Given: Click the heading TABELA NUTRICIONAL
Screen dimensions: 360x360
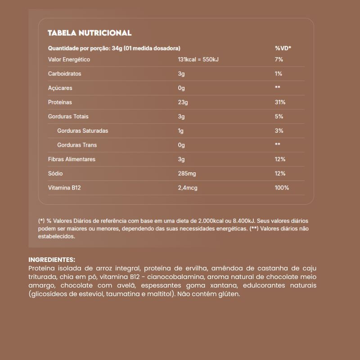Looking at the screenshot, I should pyautogui.click(x=90, y=33).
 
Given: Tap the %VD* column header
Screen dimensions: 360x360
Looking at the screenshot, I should pyautogui.click(x=283, y=48).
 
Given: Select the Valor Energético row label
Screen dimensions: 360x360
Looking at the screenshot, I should pyautogui.click(x=69, y=59).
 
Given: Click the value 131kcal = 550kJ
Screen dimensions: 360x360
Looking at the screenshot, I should pyautogui.click(x=198, y=59).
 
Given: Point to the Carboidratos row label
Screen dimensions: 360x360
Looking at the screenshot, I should pyautogui.click(x=64, y=74).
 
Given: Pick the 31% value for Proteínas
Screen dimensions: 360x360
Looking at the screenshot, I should pyautogui.click(x=280, y=102).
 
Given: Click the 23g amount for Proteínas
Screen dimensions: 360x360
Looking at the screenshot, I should pyautogui.click(x=182, y=102).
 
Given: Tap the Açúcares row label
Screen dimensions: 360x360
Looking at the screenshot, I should pyautogui.click(x=60, y=88).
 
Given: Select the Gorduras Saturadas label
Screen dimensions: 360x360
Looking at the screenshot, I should pyautogui.click(x=82, y=131).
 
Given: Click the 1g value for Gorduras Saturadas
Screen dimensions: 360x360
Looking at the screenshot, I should pyautogui.click(x=181, y=131).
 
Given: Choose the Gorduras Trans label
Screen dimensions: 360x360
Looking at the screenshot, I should pyautogui.click(x=76, y=145).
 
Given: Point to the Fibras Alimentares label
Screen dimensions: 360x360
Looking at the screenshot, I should pyautogui.click(x=72, y=159).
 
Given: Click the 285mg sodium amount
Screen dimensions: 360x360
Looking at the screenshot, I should pyautogui.click(x=187, y=174).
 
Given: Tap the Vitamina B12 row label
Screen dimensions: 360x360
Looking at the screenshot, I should pyautogui.click(x=64, y=188).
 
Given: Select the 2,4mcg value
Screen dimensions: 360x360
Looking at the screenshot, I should pyautogui.click(x=188, y=188).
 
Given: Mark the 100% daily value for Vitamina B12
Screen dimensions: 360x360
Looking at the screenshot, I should pyautogui.click(x=282, y=188).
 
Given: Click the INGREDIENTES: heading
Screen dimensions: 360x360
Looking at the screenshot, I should pyautogui.click(x=52, y=260).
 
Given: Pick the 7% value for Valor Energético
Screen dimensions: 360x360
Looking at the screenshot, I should pyautogui.click(x=279, y=59).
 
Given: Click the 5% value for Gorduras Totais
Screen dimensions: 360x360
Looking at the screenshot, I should pyautogui.click(x=279, y=117).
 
